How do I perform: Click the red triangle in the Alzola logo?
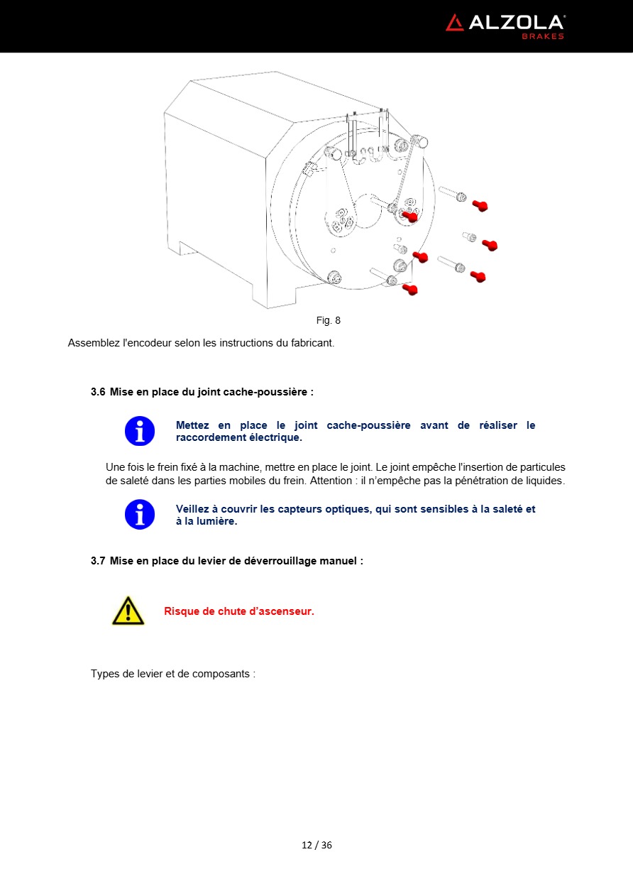[x=454, y=23]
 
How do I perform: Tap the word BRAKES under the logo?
[x=543, y=36]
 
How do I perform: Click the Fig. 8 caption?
[x=328, y=320]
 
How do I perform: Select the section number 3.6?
[x=98, y=391]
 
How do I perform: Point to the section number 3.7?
[x=98, y=560]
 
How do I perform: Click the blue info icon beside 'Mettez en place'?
[x=140, y=431]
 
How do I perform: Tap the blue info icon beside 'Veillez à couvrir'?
[x=140, y=514]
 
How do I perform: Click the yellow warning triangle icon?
[x=128, y=611]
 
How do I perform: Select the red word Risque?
[x=182, y=611]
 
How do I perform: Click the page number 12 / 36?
[x=316, y=845]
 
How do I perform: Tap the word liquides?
[x=544, y=481]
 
